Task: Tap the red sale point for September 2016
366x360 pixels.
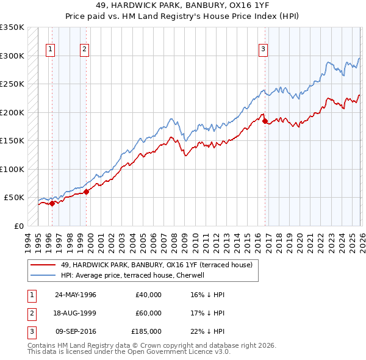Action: click(265, 121)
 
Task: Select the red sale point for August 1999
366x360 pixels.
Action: click(86, 192)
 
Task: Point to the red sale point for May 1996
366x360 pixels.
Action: click(52, 203)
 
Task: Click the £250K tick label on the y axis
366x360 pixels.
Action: click(12, 84)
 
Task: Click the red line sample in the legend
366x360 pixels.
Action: click(43, 265)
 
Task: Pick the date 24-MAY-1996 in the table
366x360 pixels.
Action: click(76, 295)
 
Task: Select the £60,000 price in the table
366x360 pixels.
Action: click(149, 313)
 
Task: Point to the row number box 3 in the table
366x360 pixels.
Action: click(30, 331)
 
